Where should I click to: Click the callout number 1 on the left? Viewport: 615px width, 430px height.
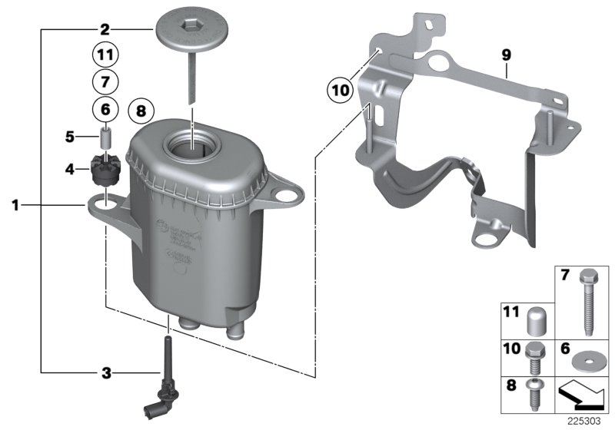click(x=15, y=205)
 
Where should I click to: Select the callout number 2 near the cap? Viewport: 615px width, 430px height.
click(x=105, y=31)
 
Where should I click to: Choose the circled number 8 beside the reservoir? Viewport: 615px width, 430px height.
click(x=140, y=111)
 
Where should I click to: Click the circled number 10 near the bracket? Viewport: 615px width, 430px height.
click(x=338, y=89)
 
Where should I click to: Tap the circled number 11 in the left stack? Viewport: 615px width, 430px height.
click(x=105, y=55)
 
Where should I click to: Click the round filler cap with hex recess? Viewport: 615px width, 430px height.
click(x=188, y=32)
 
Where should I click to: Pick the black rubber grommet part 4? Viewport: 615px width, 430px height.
click(x=104, y=169)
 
